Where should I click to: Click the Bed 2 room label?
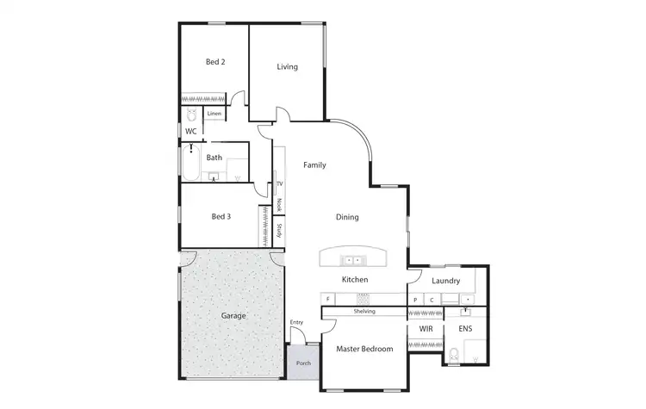(215, 62)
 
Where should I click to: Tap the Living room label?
(288, 66)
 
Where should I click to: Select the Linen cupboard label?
(214, 114)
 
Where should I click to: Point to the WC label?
(191, 131)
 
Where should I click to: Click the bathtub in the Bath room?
(190, 163)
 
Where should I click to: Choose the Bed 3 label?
(221, 217)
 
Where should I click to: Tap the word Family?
(314, 165)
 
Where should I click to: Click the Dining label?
(347, 217)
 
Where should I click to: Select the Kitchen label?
(355, 280)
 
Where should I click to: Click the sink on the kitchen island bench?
(352, 260)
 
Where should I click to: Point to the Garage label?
(233, 316)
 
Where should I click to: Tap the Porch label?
(303, 363)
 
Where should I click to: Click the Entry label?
(297, 323)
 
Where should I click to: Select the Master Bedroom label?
(364, 349)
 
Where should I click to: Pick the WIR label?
(425, 329)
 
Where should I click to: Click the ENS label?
(465, 329)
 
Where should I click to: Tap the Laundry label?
(446, 281)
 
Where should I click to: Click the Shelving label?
(364, 311)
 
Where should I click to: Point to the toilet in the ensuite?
(455, 353)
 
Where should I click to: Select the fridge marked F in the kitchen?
(328, 300)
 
